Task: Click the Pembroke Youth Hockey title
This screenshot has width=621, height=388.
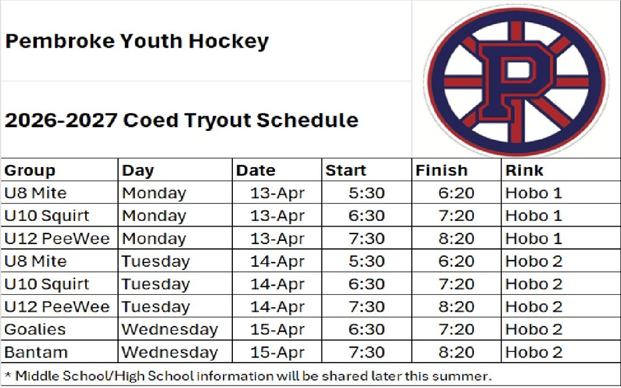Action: pos(137,41)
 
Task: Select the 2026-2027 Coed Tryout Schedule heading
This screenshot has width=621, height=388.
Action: pos(181,120)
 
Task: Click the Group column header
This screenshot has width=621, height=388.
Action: pos(30,170)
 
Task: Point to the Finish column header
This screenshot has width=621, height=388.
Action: pos(442,170)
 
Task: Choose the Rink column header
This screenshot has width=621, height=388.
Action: pos(524,170)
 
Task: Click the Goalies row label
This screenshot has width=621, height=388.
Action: pos(35,330)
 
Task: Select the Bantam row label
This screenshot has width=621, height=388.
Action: pos(36,352)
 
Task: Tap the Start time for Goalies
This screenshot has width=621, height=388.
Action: pos(366,330)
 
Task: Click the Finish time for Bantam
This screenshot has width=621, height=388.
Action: pos(456,352)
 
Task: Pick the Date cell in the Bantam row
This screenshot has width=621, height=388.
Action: pos(277,352)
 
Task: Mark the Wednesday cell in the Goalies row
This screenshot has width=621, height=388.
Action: pos(170,330)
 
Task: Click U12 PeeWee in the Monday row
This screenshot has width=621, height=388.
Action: pos(57,238)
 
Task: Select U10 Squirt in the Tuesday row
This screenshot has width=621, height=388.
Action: pos(47,284)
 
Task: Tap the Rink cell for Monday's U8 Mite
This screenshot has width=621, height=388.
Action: pos(534,193)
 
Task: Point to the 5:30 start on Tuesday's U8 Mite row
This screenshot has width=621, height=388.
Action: pos(366,261)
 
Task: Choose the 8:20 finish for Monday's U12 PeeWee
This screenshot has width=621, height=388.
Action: pos(456,238)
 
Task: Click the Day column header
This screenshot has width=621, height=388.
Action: pos(138,171)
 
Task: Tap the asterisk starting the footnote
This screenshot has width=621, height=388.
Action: pos(7,374)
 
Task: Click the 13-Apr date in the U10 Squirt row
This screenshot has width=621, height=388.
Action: pos(277,216)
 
